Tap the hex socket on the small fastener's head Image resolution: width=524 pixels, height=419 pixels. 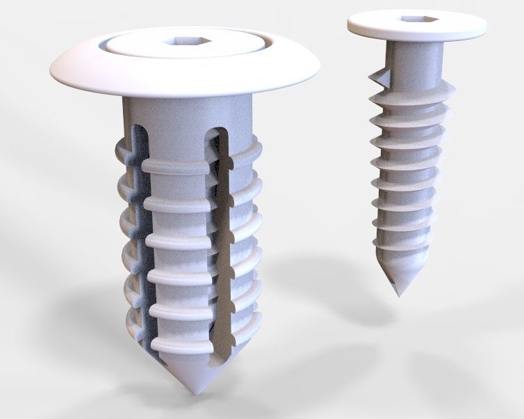414,21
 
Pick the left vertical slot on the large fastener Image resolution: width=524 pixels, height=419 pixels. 139,230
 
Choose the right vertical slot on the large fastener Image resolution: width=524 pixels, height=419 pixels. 222,230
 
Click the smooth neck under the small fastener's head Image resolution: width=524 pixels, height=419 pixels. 414,56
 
